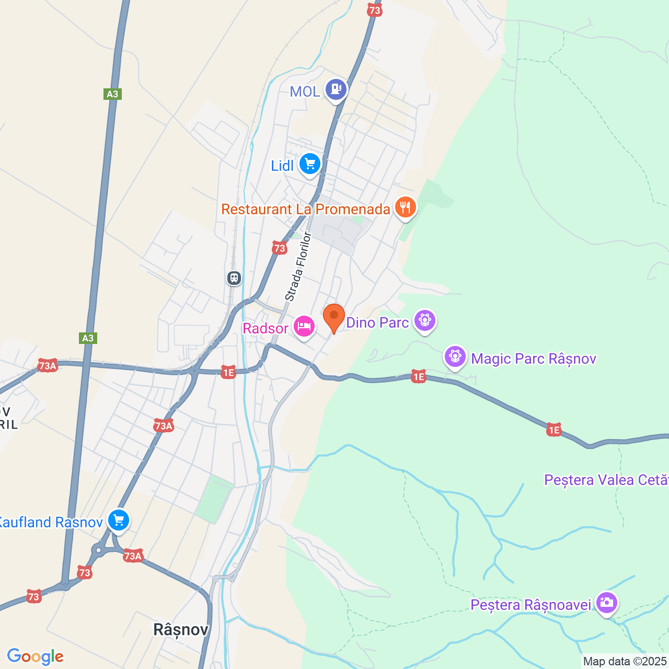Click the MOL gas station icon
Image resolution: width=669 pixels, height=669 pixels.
336,89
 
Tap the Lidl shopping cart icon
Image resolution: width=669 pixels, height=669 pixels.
310,164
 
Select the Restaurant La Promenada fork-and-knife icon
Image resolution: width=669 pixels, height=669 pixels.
405,207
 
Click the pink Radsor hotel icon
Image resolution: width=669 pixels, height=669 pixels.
304,327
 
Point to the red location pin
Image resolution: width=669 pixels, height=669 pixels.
334,317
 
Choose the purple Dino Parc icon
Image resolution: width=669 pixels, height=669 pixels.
424,320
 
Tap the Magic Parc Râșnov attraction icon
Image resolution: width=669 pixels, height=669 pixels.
455,356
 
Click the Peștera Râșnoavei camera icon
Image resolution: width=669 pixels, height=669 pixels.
606,603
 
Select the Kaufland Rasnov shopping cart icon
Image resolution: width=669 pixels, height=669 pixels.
119,520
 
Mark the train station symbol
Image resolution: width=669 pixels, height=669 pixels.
234,278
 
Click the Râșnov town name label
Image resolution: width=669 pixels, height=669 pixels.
181,629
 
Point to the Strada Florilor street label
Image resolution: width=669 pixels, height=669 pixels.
298,267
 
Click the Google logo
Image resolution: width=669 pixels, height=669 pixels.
35,656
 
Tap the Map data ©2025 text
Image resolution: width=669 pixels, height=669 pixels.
625,662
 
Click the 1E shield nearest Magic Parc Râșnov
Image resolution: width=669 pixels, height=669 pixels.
419,376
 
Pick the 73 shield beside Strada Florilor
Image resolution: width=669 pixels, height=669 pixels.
280,248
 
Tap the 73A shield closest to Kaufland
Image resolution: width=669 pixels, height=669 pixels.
133,556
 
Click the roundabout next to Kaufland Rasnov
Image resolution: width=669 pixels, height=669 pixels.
98,550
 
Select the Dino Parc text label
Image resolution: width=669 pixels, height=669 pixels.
377,322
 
